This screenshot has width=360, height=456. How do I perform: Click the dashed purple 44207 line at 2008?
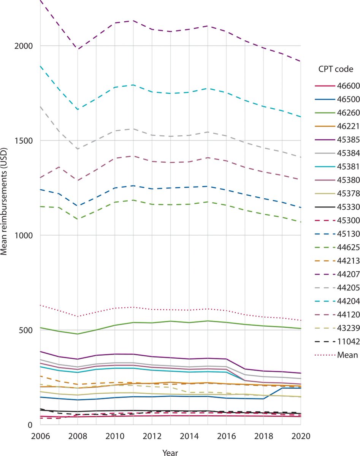click(78, 49)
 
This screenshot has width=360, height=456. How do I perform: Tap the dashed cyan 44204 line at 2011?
click(133, 85)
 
